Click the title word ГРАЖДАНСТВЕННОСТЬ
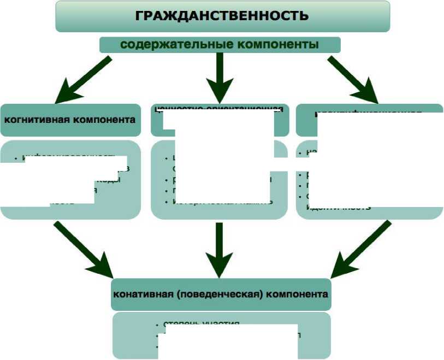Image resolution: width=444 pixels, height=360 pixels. point(222,15)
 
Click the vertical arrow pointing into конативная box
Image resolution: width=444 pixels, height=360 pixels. point(220,249)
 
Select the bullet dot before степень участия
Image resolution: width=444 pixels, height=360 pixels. point(157,324)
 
